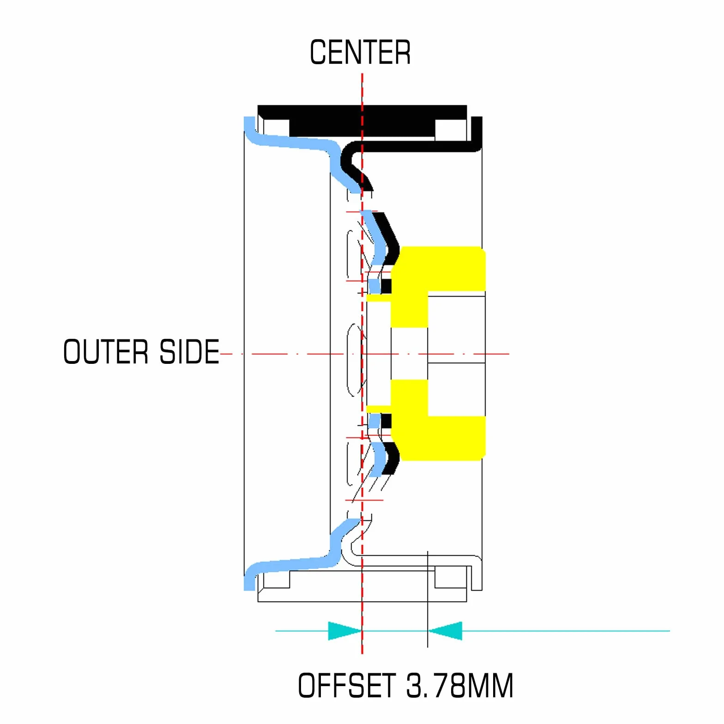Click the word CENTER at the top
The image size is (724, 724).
[360, 52]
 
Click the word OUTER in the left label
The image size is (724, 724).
[106, 352]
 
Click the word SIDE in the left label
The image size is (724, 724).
[189, 352]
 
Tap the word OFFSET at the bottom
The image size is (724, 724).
[347, 685]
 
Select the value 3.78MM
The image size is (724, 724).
[460, 685]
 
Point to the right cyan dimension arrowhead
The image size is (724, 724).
[445, 631]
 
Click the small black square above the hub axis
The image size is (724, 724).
[386, 286]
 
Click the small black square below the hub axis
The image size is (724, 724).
[386, 421]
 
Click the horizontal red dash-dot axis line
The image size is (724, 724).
[365, 354]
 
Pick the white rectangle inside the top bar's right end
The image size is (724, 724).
[451, 129]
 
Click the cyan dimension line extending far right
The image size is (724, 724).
[566, 631]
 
